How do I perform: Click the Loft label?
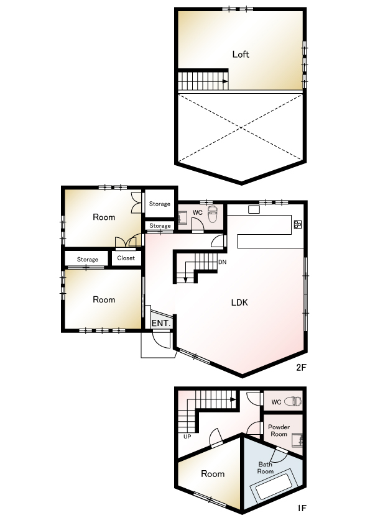click(x=241, y=54)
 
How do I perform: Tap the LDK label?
click(x=239, y=302)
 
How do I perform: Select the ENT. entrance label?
click(x=161, y=323)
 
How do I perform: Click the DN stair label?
click(x=223, y=262)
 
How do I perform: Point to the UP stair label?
click(x=187, y=436)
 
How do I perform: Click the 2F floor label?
click(x=301, y=367)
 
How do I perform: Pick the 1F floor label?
click(x=302, y=508)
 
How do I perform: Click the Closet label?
click(x=126, y=258)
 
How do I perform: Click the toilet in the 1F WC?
click(x=293, y=401)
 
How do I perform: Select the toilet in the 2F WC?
click(x=213, y=214)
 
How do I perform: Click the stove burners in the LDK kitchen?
click(x=297, y=224)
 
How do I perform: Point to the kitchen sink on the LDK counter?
click(x=254, y=209)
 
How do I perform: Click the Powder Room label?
click(x=279, y=430)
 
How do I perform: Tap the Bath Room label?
click(x=266, y=468)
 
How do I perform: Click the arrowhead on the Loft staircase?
click(x=225, y=81)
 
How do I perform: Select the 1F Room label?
click(x=213, y=474)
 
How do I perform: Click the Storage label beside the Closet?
click(x=88, y=259)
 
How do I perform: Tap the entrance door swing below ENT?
click(x=162, y=340)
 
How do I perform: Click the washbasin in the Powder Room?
click(x=297, y=440)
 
